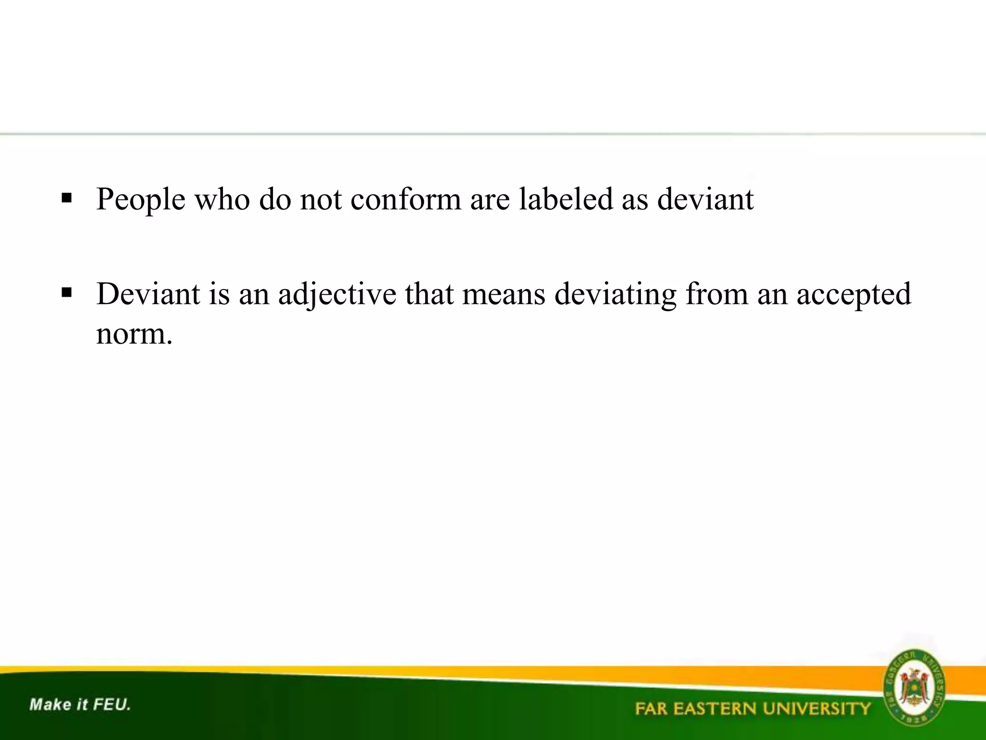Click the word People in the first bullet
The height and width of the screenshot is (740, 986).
141,199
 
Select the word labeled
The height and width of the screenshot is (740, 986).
566,199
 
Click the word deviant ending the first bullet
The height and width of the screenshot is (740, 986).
705,199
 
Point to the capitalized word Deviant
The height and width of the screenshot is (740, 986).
148,294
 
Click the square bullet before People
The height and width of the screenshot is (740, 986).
67,198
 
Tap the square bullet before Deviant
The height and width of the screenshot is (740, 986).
67,292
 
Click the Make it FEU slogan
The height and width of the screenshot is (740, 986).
80,705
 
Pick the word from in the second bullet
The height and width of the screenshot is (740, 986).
717,294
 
